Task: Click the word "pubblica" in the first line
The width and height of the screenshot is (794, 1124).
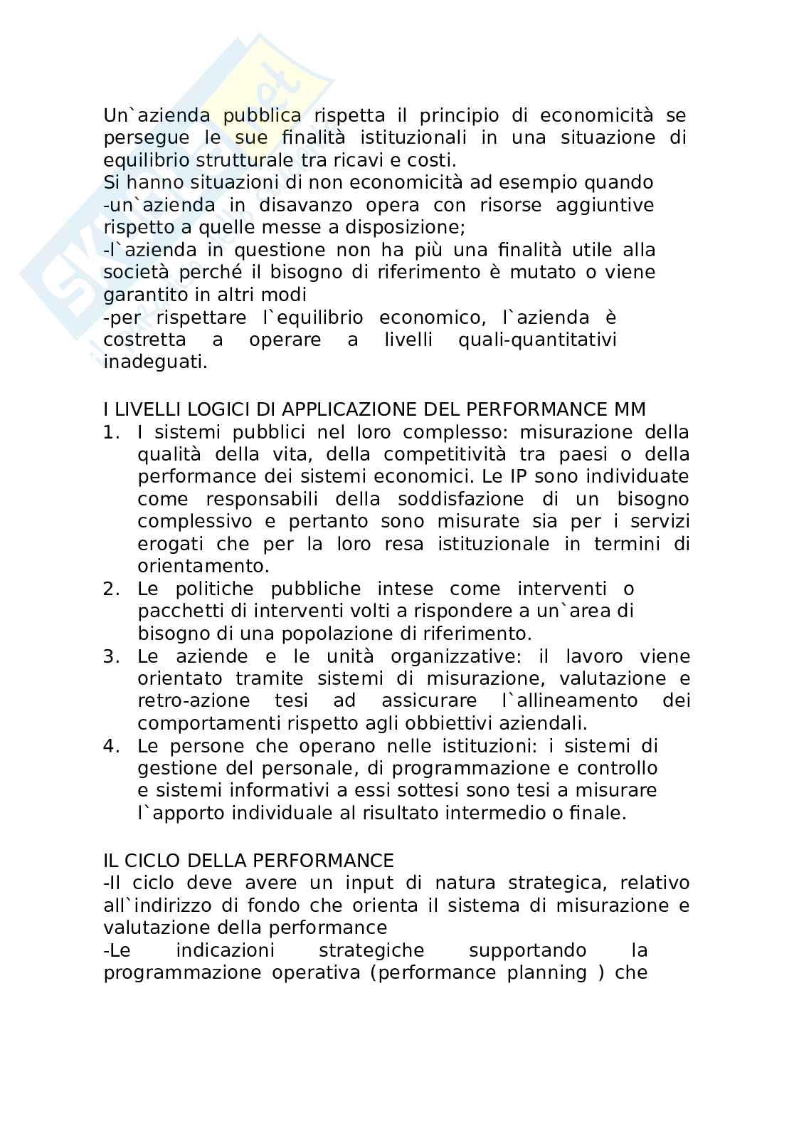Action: pyautogui.click(x=263, y=115)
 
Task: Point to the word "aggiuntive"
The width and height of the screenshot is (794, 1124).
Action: pyautogui.click(x=608, y=205)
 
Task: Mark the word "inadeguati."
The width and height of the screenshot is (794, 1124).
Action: pyautogui.click(x=156, y=362)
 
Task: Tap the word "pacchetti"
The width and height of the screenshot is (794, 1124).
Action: pyautogui.click(x=171, y=611)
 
